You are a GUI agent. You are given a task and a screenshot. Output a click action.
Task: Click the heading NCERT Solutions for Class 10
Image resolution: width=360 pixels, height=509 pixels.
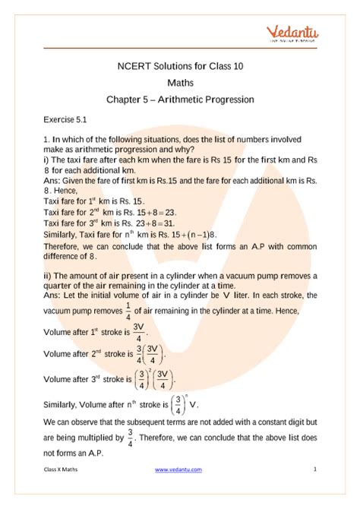[180, 67]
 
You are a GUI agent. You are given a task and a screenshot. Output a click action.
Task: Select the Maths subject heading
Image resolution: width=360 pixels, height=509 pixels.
[180, 83]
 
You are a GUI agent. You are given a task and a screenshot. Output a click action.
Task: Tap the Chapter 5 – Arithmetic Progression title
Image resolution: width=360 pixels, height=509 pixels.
[180, 100]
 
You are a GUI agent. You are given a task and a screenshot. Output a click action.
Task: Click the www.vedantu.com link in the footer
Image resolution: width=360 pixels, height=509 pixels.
[179, 492]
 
